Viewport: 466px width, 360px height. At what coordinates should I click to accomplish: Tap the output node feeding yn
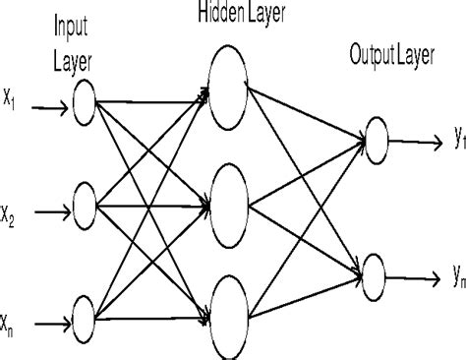coord(375,269)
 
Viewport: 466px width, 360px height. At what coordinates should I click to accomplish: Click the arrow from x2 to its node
coord(49,208)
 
